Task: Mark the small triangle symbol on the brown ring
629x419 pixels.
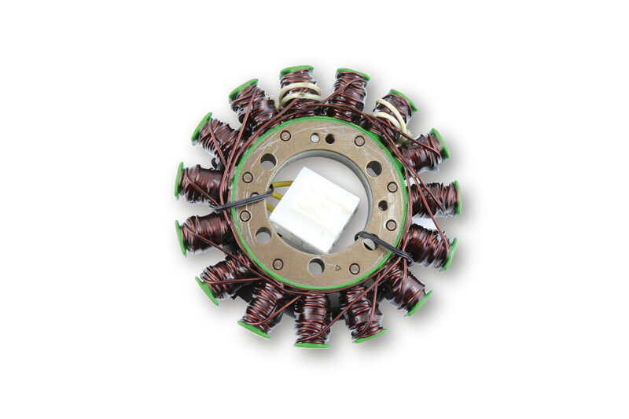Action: click(x=338, y=268)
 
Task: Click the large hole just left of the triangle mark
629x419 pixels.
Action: click(x=315, y=266)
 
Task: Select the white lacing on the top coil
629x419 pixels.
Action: click(x=298, y=94)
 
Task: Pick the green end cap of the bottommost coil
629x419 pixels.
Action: click(x=312, y=344)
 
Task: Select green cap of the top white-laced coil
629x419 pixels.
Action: click(x=296, y=70)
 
